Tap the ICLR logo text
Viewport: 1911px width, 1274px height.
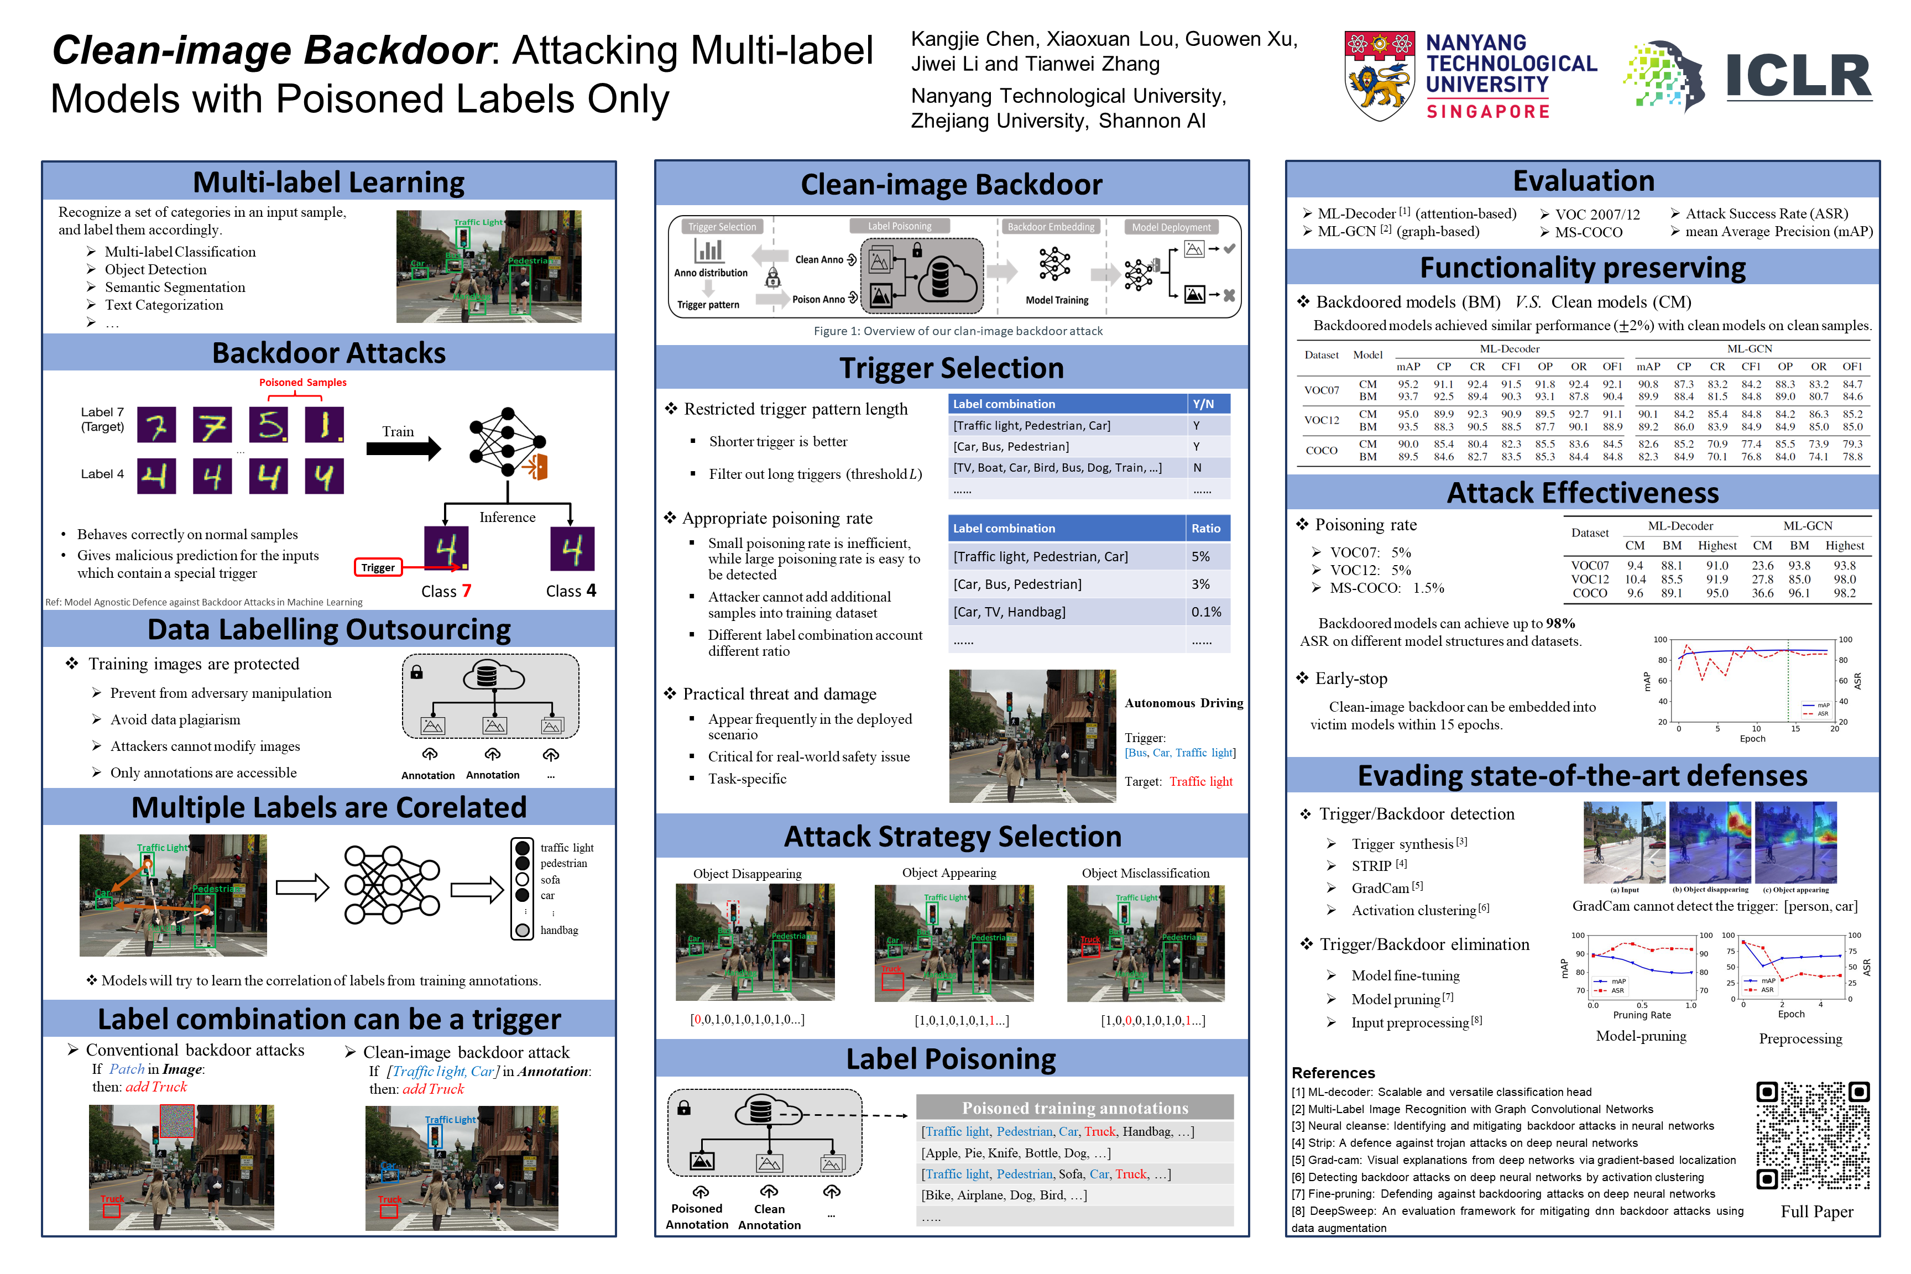click(1799, 77)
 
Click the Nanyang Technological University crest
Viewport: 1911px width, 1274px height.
click(1380, 76)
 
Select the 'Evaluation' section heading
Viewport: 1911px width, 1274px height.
click(1583, 180)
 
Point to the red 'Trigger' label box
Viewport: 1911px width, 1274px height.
click(378, 567)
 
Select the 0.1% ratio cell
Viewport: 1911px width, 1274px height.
click(1206, 612)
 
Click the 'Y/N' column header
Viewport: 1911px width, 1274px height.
click(1203, 404)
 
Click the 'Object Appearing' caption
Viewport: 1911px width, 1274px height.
click(949, 873)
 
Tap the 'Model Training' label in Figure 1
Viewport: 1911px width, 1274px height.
click(1056, 300)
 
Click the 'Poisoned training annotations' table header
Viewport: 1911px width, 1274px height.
click(1074, 1108)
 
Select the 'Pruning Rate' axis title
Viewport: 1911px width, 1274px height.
click(1641, 1015)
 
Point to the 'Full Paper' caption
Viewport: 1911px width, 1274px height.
click(1817, 1212)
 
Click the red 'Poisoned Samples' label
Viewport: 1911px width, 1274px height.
click(302, 383)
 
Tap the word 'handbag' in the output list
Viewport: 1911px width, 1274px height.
click(559, 930)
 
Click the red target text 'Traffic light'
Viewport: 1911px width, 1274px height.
click(1201, 782)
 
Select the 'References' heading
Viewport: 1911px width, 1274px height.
click(1333, 1073)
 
